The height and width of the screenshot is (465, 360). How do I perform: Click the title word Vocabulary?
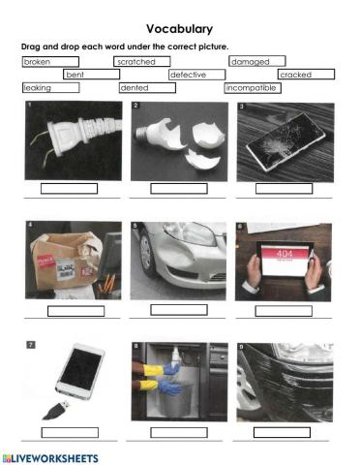[x=179, y=29]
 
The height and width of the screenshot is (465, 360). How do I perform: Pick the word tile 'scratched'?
[x=141, y=62]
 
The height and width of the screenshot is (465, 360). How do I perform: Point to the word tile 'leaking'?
[x=48, y=88]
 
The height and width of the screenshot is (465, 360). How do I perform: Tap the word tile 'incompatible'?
[x=252, y=88]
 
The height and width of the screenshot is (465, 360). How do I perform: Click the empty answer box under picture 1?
[x=70, y=188]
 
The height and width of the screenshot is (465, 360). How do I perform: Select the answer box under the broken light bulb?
[x=179, y=188]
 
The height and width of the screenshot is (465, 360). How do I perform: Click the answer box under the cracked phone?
[x=283, y=188]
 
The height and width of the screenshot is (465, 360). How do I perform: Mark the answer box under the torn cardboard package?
[x=75, y=311]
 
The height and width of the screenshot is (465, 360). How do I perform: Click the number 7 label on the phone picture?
[x=30, y=344]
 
